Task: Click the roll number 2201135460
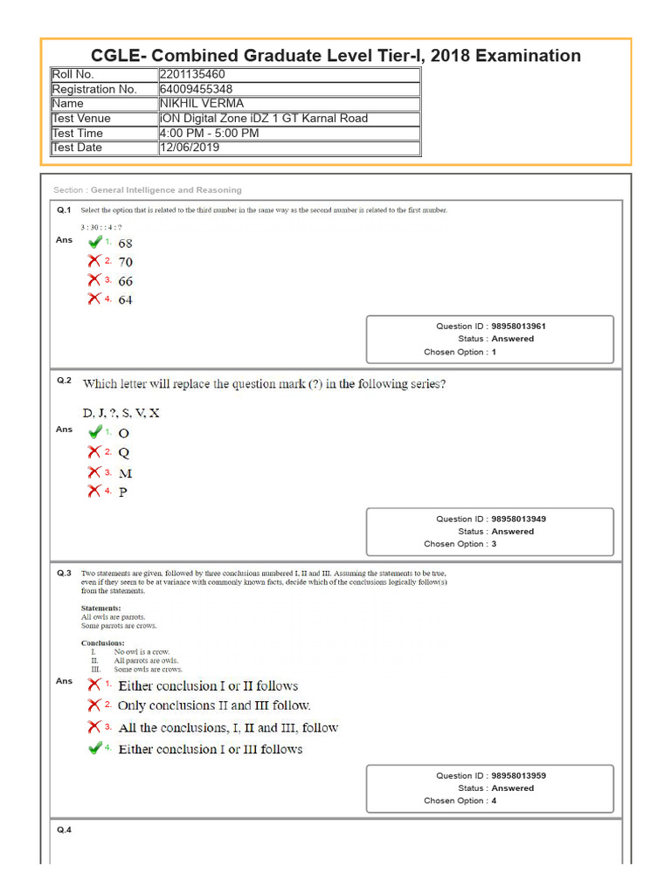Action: (x=191, y=74)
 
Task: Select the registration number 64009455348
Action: (x=196, y=89)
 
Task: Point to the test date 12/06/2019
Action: (x=190, y=148)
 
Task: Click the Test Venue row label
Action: (x=81, y=118)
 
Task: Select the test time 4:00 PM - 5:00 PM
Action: (x=209, y=133)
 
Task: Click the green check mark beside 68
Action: (x=95, y=242)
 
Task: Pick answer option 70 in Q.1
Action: (x=126, y=262)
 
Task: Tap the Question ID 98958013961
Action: (x=518, y=326)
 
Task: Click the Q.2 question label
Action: (x=64, y=381)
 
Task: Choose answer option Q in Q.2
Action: (x=123, y=452)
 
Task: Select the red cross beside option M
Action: (x=94, y=472)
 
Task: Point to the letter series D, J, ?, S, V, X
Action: (x=121, y=412)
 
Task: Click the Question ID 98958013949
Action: (x=518, y=519)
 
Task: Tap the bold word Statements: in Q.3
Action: (x=100, y=608)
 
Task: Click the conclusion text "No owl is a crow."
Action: (x=142, y=651)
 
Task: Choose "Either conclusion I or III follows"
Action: (x=210, y=749)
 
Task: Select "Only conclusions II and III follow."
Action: (x=214, y=705)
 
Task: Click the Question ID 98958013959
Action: (x=518, y=775)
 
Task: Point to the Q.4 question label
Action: (x=64, y=829)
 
